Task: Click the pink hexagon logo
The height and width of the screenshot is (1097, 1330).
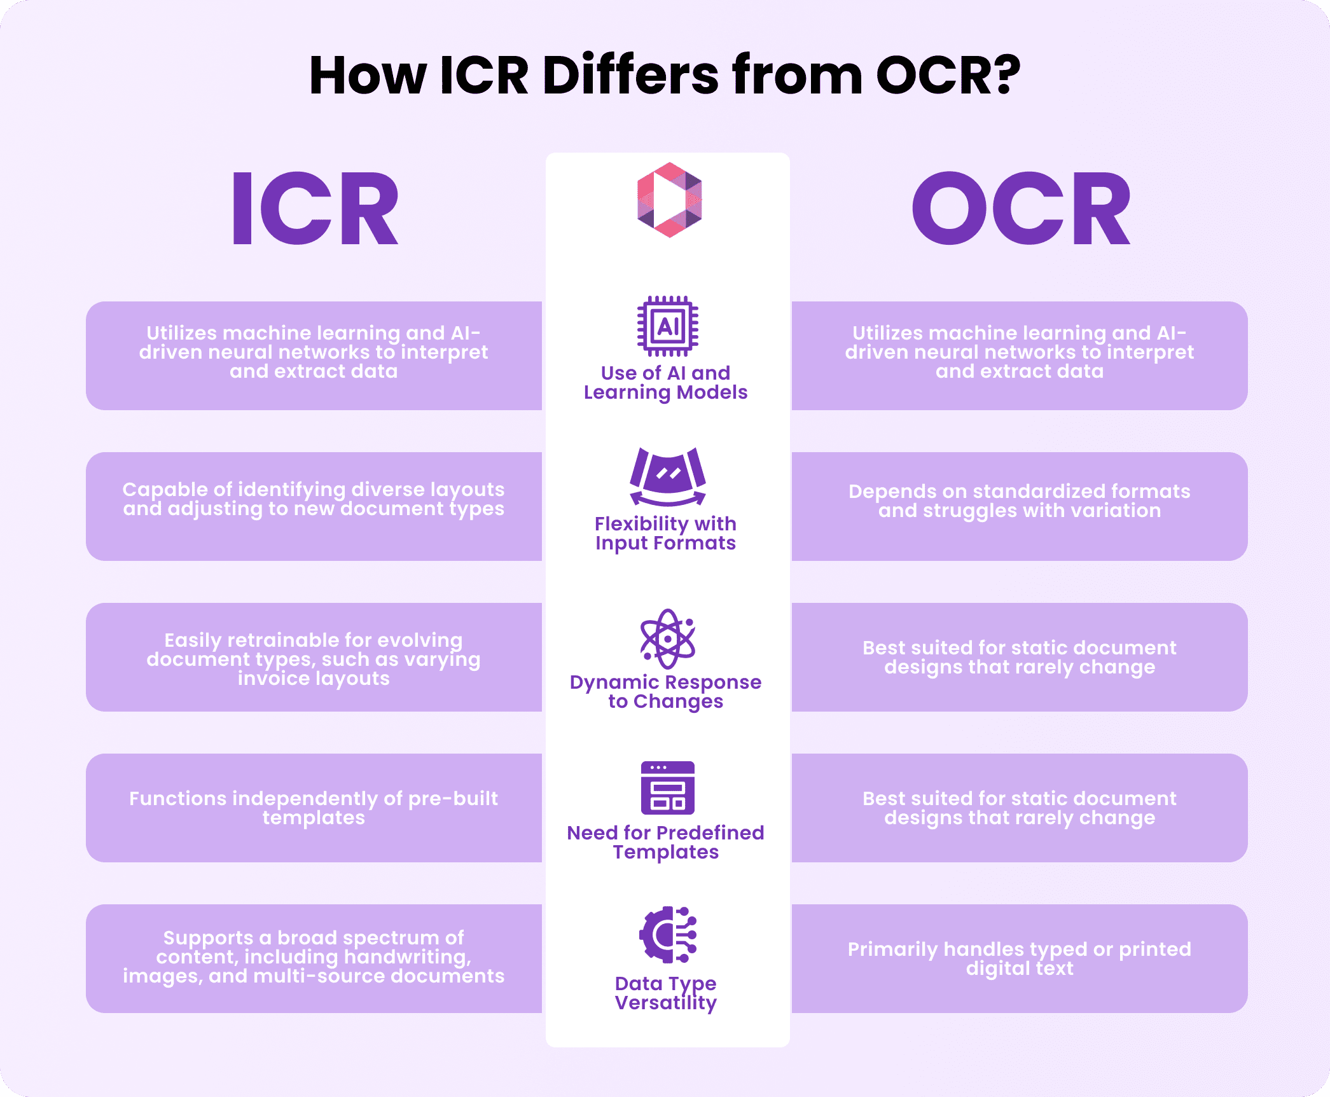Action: tap(669, 200)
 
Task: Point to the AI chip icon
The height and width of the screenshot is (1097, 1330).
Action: tap(667, 326)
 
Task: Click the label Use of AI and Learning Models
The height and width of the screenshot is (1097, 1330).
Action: tap(665, 382)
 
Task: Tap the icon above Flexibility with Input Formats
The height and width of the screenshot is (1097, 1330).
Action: tap(667, 476)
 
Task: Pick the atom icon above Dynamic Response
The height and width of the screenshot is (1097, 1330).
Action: tap(667, 638)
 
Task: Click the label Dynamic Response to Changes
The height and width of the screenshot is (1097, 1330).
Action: tap(665, 691)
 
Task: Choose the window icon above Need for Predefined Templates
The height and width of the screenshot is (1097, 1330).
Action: tap(667, 787)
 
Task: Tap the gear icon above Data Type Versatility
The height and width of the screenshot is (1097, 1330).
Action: tap(667, 934)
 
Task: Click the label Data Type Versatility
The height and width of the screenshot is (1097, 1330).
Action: tap(665, 993)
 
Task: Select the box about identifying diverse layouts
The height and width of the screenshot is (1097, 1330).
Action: tap(314, 506)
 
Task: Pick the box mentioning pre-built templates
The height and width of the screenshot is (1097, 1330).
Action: tap(314, 808)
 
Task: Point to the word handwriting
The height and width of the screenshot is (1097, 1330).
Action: tap(407, 956)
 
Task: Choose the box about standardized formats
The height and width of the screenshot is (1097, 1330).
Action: tap(1019, 506)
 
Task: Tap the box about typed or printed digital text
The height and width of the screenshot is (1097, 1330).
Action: tap(1019, 958)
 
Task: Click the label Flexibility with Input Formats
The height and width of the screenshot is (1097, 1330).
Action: tap(665, 533)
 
